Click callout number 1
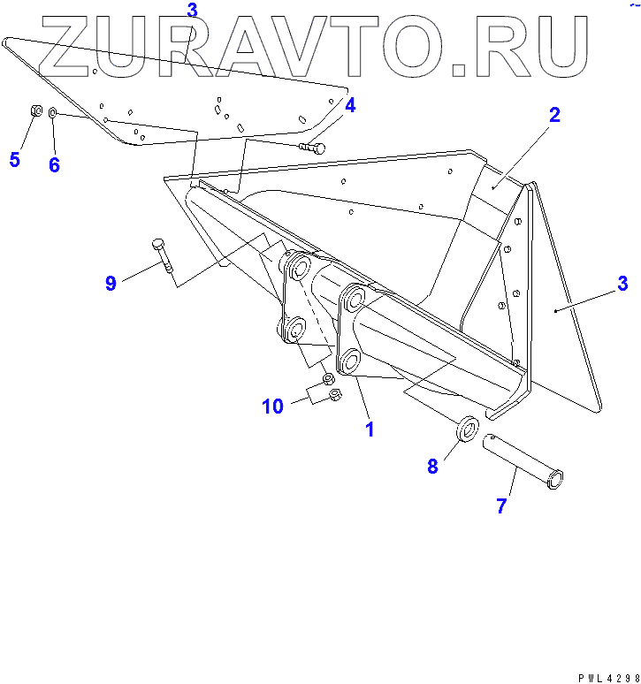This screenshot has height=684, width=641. (370, 430)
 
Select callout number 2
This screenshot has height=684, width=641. (554, 115)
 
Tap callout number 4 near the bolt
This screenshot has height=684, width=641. (350, 106)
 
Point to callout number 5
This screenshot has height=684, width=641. (14, 160)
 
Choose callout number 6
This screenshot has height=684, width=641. (54, 165)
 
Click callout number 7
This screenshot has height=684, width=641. (501, 506)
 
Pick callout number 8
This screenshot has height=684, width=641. (432, 467)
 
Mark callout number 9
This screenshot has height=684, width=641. (111, 283)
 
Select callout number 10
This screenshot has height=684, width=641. (272, 406)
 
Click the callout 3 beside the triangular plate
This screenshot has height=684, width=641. (622, 284)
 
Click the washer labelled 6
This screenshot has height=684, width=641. (53, 113)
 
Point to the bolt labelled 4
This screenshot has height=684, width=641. (312, 148)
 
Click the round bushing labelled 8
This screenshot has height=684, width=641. (468, 429)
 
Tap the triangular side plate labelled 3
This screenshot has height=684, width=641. (566, 345)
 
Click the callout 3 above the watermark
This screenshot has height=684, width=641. (193, 10)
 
